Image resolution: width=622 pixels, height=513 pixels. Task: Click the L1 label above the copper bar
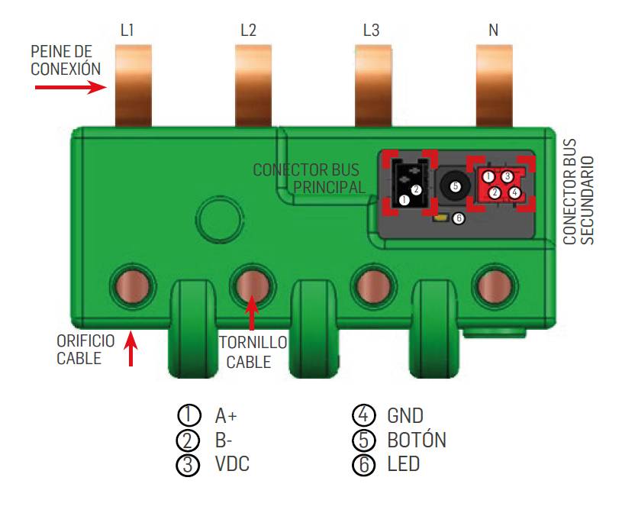(x=127, y=31)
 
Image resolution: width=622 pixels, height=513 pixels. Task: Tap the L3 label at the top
(x=371, y=31)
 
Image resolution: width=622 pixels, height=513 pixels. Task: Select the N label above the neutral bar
(x=494, y=31)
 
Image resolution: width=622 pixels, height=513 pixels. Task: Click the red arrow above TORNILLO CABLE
(x=251, y=313)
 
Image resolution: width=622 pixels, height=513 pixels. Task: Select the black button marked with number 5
(x=454, y=185)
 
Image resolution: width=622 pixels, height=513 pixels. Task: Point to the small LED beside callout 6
(x=440, y=218)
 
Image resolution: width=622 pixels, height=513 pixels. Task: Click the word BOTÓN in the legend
(x=417, y=440)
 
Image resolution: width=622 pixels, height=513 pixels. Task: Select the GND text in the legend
(x=404, y=416)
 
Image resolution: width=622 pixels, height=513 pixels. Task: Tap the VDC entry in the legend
(x=232, y=464)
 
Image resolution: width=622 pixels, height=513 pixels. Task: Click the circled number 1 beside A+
(x=188, y=416)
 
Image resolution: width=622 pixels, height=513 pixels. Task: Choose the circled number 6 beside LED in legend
(x=363, y=464)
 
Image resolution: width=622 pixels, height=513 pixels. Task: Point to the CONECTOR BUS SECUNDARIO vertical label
(x=578, y=192)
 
